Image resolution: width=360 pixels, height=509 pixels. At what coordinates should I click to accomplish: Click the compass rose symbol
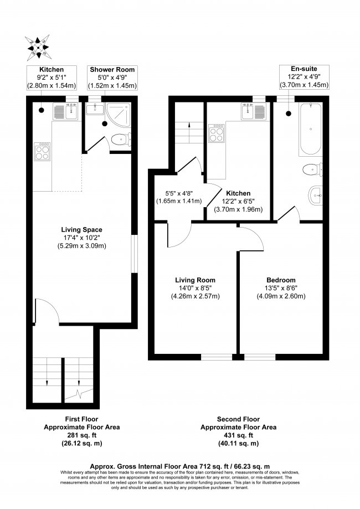tap(38, 48)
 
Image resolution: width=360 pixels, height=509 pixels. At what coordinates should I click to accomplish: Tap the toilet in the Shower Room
tap(121, 140)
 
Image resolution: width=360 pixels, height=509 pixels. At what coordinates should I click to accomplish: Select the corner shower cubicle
tap(118, 114)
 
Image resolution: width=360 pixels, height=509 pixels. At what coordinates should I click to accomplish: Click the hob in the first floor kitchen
tap(42, 151)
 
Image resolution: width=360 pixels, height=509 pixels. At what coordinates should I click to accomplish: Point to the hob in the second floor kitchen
tap(216, 133)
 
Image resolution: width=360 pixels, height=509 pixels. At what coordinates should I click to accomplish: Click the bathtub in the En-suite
tap(311, 129)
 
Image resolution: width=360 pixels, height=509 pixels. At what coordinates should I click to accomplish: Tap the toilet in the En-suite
tap(312, 170)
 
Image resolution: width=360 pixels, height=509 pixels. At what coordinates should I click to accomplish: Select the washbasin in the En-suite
tap(315, 196)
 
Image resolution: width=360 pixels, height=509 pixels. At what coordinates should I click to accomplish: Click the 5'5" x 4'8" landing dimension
tap(179, 197)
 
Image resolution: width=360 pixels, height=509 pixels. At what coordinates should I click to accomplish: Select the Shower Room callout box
tap(112, 78)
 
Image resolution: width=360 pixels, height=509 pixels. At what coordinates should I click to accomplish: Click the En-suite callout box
tap(305, 77)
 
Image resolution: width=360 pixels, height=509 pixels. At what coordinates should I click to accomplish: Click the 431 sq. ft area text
tap(239, 435)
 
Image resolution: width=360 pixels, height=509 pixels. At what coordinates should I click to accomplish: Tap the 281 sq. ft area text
tap(82, 435)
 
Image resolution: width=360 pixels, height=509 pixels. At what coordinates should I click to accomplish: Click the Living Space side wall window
tap(135, 254)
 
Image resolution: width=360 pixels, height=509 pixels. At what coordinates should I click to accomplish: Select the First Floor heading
tap(81, 419)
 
